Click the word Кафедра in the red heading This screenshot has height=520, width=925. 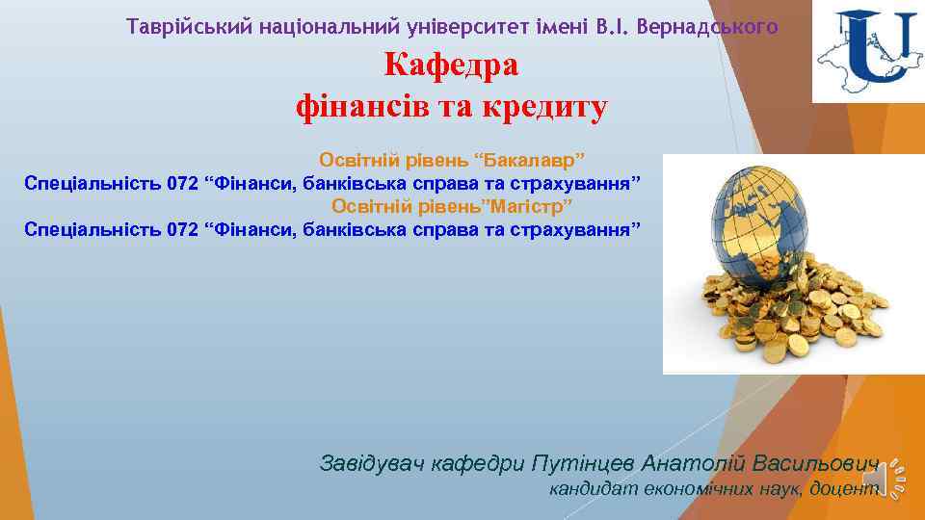[x=451, y=65]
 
